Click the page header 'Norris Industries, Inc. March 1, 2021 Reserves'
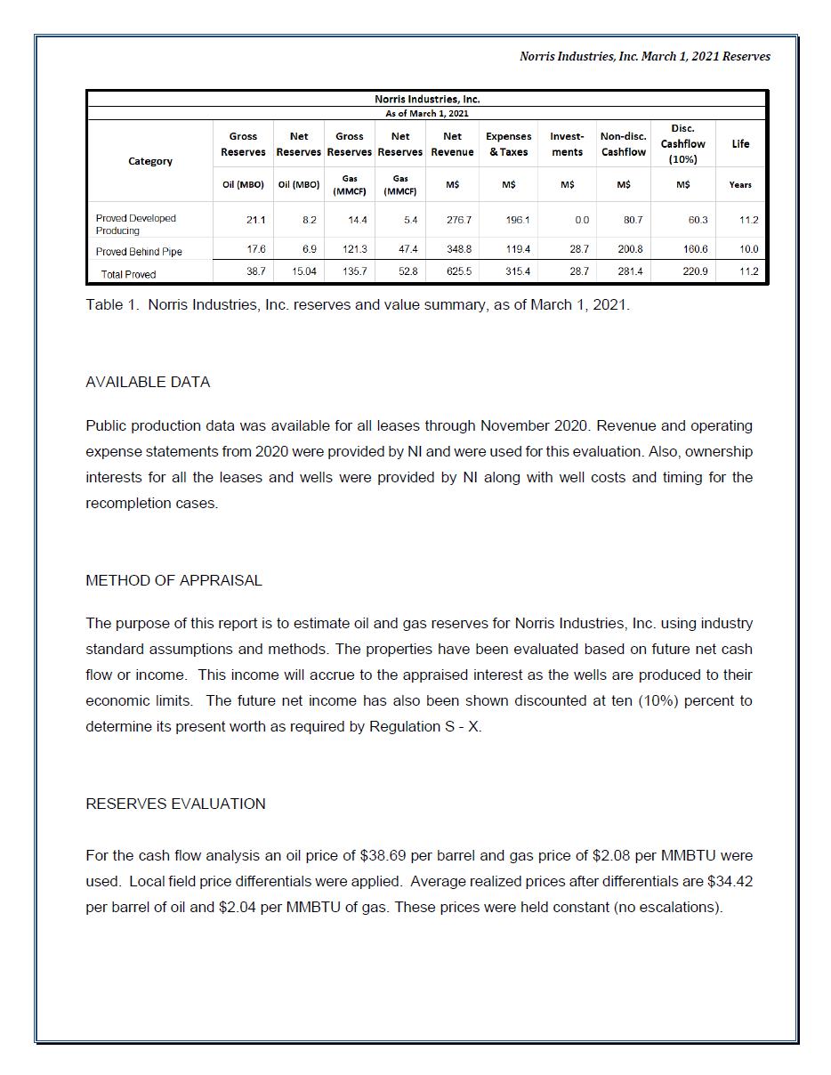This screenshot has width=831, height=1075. (x=644, y=56)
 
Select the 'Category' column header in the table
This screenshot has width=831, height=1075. (x=150, y=161)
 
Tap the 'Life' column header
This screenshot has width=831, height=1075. (x=740, y=144)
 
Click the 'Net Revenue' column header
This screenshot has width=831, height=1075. (x=452, y=144)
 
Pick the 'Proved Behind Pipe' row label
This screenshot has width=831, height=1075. (x=139, y=252)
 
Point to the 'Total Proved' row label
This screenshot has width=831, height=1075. (x=128, y=274)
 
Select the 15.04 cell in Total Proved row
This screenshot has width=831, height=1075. (x=303, y=271)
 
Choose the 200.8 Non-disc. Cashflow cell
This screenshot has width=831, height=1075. (x=628, y=250)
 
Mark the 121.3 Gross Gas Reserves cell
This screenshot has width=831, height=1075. (x=355, y=250)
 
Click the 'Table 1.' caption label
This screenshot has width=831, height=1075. (x=113, y=305)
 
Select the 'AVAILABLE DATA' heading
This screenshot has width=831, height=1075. (x=148, y=383)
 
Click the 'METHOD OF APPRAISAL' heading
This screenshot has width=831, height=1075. (x=173, y=581)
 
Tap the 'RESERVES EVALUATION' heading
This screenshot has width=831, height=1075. (x=175, y=804)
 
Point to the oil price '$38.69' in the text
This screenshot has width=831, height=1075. (x=383, y=856)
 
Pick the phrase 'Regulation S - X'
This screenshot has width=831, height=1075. (x=424, y=727)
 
